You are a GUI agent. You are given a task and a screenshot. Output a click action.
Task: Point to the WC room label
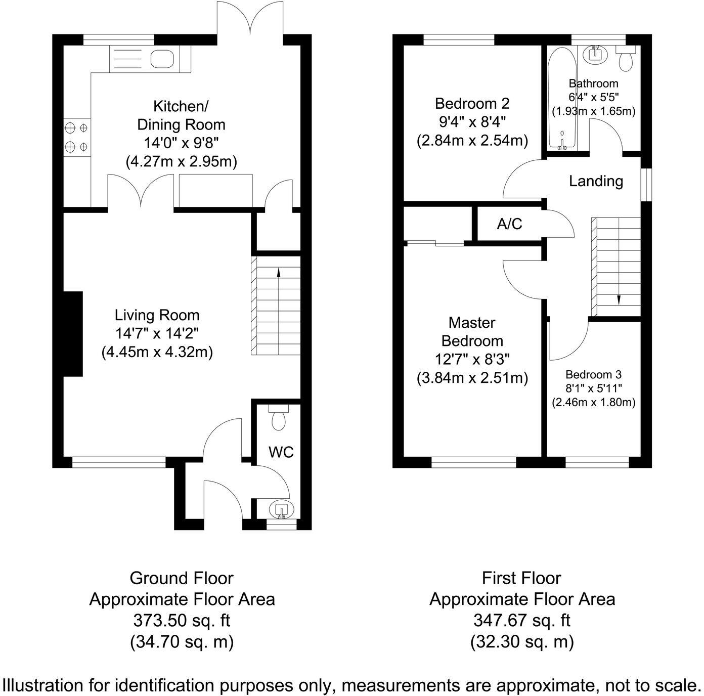(x=281, y=452)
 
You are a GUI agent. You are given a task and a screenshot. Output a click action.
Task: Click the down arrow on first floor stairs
(x=618, y=300)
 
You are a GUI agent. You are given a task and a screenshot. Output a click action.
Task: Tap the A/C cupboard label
(x=509, y=224)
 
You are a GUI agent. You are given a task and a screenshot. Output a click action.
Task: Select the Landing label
(x=596, y=181)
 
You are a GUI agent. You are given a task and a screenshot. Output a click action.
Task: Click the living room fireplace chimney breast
(x=73, y=334)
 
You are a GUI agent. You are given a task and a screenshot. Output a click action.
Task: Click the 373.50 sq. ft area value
(x=182, y=620)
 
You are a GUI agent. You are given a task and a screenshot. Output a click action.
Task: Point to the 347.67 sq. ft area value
(x=522, y=620)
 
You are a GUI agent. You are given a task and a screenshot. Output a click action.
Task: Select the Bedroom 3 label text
(x=593, y=375)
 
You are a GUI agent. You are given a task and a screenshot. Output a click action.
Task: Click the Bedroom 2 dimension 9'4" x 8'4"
(x=472, y=122)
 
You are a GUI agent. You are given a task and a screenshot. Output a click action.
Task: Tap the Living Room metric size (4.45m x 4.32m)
(x=157, y=352)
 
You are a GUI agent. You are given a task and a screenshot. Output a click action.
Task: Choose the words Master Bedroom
(x=472, y=331)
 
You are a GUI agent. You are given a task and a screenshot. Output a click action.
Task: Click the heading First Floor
(x=521, y=578)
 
